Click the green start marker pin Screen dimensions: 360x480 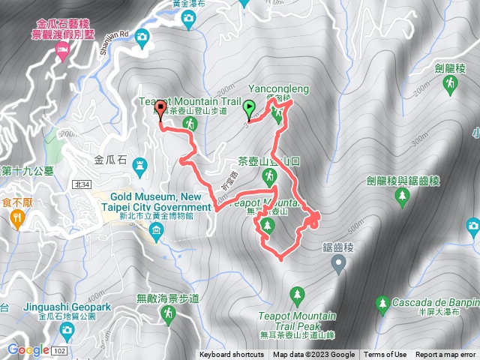(x=249, y=111)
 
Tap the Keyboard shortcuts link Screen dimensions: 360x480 (x=231, y=355)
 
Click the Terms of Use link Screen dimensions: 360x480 (x=385, y=355)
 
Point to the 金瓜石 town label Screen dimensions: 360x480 (x=112, y=160)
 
